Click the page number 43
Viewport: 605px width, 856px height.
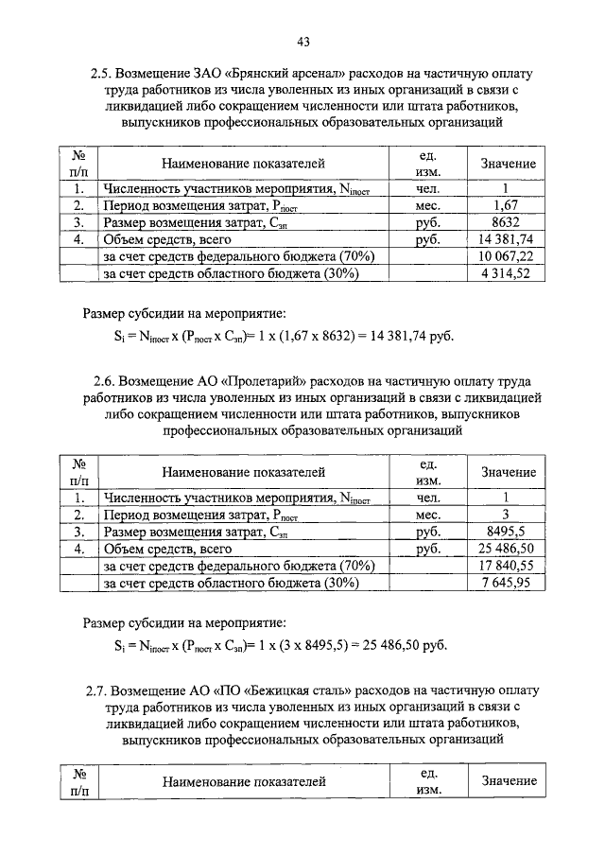(302, 41)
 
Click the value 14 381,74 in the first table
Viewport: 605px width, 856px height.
(507, 239)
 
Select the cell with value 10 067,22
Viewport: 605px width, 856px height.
(507, 256)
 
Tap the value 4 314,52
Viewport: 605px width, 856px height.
(507, 273)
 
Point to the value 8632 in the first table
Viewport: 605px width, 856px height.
(507, 222)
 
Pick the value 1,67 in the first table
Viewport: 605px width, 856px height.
(507, 205)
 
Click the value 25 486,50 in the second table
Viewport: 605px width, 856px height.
(507, 549)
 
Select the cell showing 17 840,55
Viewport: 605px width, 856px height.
(507, 566)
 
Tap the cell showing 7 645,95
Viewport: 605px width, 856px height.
(507, 583)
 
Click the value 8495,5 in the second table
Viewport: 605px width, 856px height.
(507, 532)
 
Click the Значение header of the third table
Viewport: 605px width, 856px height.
(508, 781)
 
